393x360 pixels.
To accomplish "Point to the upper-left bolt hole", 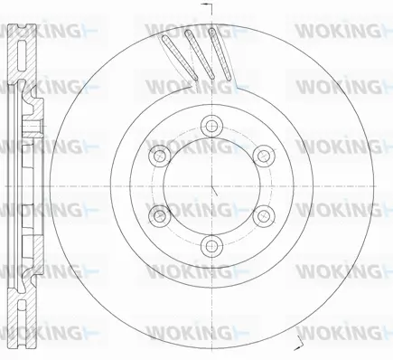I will click(x=158, y=154).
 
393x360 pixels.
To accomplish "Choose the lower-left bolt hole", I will click(x=158, y=213).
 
